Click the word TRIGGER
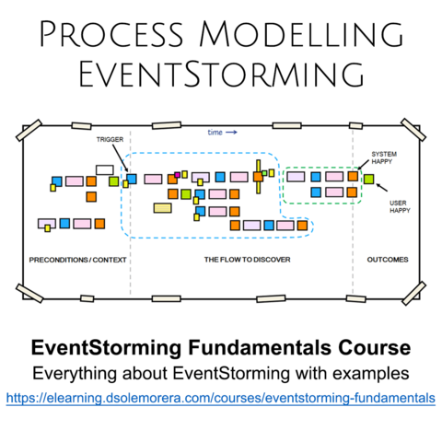coord(110,140)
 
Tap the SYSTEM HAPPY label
coord(384,157)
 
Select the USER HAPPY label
coord(400,207)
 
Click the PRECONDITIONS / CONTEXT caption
coord(77,260)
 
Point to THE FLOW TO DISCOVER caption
coord(247,260)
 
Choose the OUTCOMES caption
coord(388,260)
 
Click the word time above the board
coord(215,133)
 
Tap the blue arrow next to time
coord(231,133)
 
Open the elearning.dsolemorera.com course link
coord(221,398)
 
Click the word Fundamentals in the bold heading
coord(260,348)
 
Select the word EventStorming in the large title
coord(221,75)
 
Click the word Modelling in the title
coord(301,34)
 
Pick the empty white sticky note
coord(105,170)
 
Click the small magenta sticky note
coord(177,175)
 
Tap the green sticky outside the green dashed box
coord(368,179)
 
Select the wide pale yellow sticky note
coord(163,208)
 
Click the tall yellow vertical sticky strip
coord(259,177)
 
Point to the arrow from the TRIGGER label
coord(120,158)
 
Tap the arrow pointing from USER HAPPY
coord(381,187)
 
